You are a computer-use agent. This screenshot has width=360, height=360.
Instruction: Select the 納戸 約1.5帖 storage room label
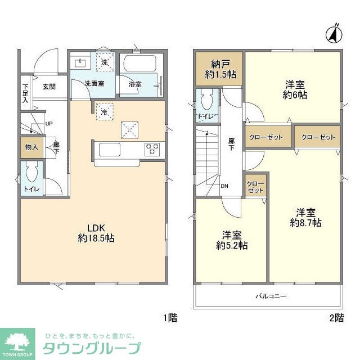coord(219,68)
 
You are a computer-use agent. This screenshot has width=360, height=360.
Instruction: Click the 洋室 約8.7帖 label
coord(305,218)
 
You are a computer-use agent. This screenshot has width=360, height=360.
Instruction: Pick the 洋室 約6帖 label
coord(295,89)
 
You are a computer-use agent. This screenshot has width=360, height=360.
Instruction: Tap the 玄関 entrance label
coord(49,87)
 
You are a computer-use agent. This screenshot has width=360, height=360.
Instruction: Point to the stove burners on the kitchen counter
coord(152,149)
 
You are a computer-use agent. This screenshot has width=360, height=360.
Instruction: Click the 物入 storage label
coord(31,147)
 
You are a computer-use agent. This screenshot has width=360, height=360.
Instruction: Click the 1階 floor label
coord(170,318)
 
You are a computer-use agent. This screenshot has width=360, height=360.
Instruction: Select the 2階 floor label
coord(336,318)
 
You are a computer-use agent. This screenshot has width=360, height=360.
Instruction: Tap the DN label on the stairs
coord(224,186)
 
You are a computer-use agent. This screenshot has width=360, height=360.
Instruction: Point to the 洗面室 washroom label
coord(94,84)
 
